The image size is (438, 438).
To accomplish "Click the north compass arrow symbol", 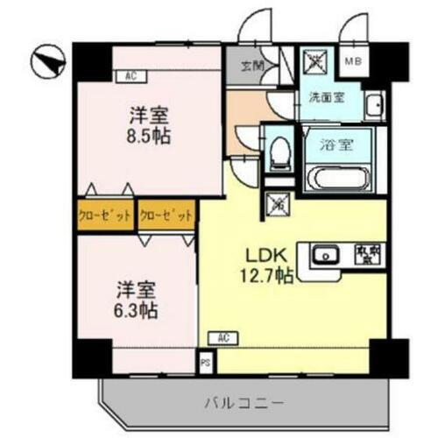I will coord(49,61).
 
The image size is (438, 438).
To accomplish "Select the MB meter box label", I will coord(352,60).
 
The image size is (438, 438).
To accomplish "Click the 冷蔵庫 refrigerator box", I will coord(365,255).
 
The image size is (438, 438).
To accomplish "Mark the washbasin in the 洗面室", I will coord(374,106).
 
